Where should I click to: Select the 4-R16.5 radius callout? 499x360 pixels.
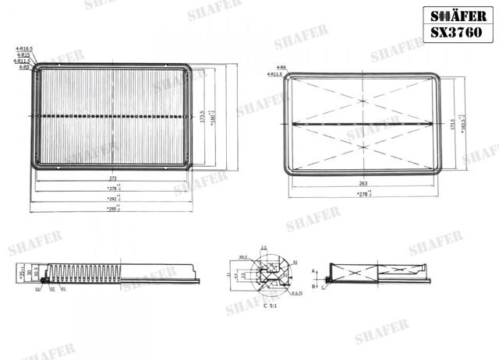tap(23, 49)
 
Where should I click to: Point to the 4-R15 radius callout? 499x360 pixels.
tap(24, 55)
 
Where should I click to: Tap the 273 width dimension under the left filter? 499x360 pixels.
tap(113, 179)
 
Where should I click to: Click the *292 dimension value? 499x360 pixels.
tap(114, 199)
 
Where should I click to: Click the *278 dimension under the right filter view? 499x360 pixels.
tap(363, 193)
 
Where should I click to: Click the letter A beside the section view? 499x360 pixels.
tap(313, 270)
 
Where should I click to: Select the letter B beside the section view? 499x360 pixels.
tap(313, 287)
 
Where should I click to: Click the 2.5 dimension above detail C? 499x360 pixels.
tap(264, 248)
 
